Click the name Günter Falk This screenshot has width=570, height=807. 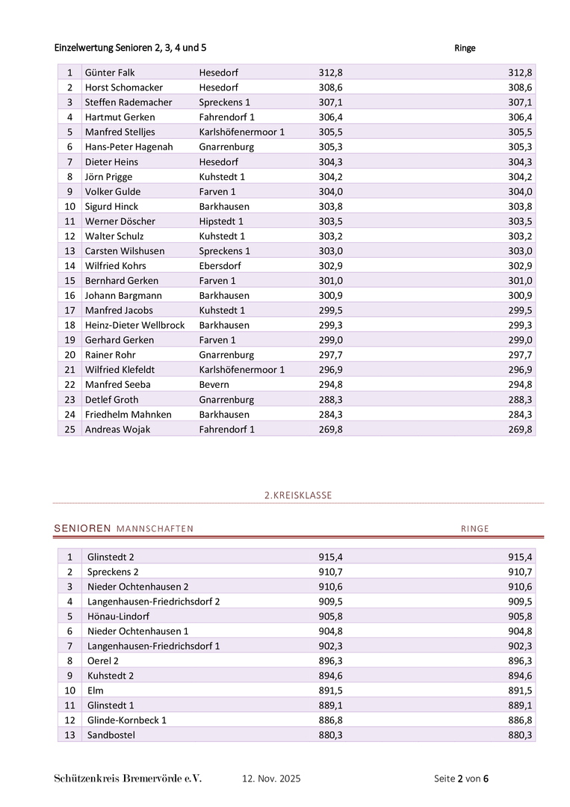[x=110, y=72]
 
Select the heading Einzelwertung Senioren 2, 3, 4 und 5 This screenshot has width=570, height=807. [x=130, y=48]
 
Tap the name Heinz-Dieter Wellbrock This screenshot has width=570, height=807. [x=134, y=325]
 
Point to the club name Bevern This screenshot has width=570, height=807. [x=214, y=384]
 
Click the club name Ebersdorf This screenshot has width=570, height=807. [x=220, y=265]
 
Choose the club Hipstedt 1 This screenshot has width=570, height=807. [x=221, y=221]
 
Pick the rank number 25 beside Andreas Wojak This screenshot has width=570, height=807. [x=69, y=429]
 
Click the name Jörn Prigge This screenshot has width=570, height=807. [x=108, y=176]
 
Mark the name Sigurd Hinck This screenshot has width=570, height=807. [x=111, y=206]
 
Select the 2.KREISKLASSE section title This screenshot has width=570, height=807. [x=298, y=495]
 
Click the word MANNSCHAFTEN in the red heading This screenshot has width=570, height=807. [x=155, y=529]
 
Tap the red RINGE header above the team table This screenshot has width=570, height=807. [x=474, y=529]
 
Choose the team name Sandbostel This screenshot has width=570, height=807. [x=111, y=735]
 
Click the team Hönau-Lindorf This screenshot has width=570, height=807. [x=118, y=616]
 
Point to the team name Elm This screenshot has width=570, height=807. [x=96, y=690]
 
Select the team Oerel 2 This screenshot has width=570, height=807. [x=103, y=661]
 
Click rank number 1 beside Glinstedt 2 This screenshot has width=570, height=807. [x=69, y=557]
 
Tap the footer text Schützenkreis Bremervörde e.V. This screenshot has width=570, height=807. [x=128, y=779]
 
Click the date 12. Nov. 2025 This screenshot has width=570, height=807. [x=271, y=779]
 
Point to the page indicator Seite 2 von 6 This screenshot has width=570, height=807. [x=461, y=779]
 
